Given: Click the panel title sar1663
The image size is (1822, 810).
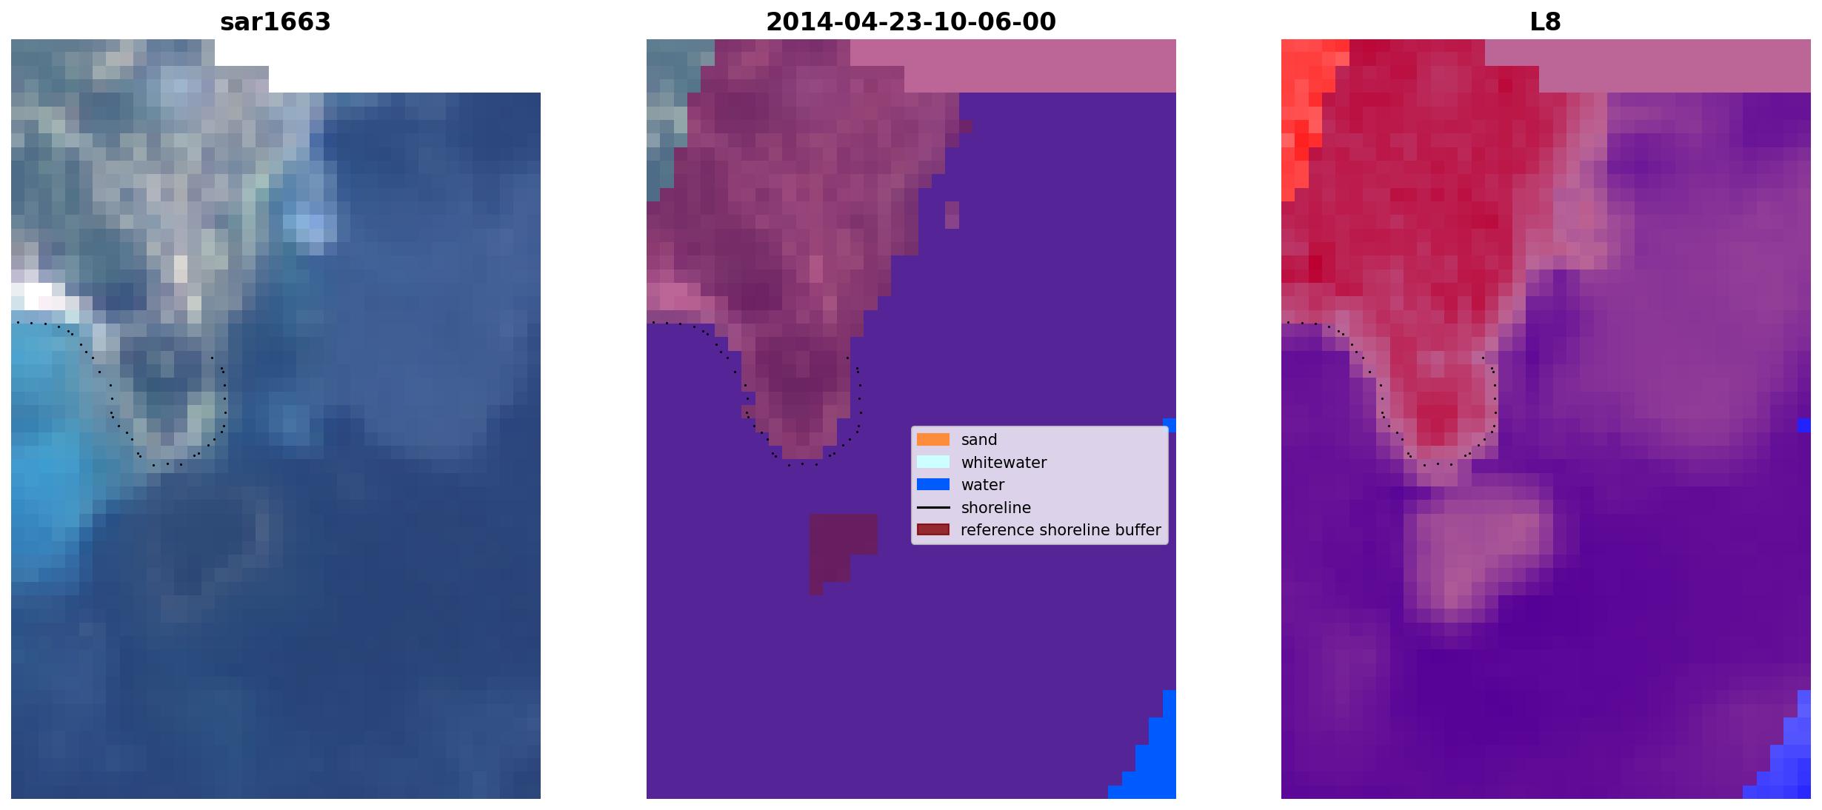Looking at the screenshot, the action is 276,22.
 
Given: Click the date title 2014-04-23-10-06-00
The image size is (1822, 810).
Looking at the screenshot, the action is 911,22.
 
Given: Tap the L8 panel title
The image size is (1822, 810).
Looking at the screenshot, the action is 1546,22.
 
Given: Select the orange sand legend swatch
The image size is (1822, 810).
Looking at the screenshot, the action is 933,440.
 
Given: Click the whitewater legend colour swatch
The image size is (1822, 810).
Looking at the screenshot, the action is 933,462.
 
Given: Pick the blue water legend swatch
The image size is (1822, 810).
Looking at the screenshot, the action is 933,485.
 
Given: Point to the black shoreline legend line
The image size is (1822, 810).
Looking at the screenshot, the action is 933,508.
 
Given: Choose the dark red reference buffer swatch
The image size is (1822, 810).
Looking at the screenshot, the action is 933,530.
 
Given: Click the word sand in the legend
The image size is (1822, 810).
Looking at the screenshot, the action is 979,440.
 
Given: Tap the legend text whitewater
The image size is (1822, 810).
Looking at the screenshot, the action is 1004,463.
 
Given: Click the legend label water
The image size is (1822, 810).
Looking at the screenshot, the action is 983,485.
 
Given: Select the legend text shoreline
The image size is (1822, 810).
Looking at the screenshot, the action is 996,508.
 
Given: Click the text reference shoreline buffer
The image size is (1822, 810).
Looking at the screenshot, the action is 1061,530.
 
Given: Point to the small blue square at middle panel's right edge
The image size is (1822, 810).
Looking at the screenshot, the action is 1169,425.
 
